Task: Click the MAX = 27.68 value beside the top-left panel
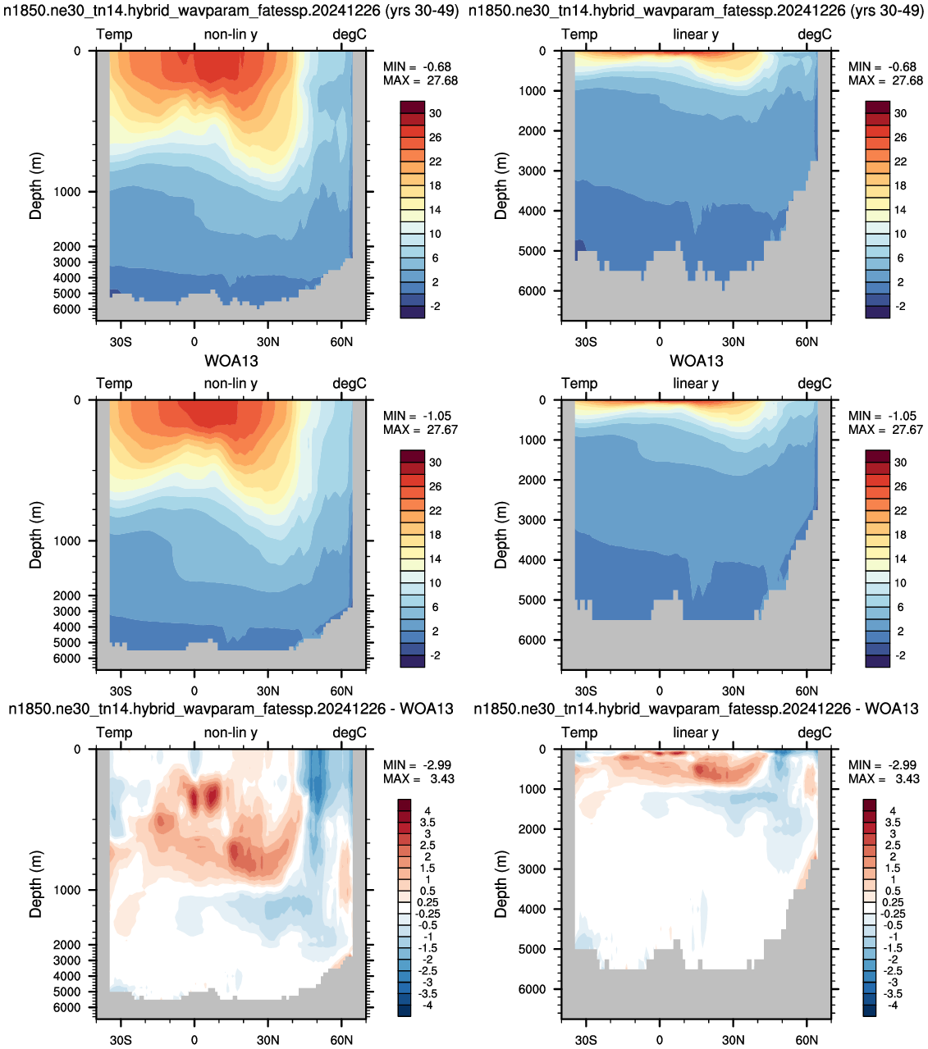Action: [x=420, y=80]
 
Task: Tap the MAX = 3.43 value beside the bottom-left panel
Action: [x=418, y=778]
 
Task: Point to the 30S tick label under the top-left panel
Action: [x=121, y=342]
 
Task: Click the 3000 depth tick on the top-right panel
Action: [x=533, y=171]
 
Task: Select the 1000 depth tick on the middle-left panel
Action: [x=67, y=540]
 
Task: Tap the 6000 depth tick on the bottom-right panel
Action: [x=533, y=989]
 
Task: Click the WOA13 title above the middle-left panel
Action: [x=231, y=361]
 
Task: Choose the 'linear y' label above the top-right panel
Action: [x=696, y=34]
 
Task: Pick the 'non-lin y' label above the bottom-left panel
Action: [x=231, y=732]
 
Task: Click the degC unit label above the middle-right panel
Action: [x=815, y=384]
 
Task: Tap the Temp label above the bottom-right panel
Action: [x=579, y=732]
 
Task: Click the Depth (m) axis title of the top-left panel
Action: [x=35, y=186]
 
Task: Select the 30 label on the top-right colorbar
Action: [x=901, y=113]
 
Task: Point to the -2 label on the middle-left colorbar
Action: [x=435, y=655]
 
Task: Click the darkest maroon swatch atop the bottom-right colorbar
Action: [x=870, y=805]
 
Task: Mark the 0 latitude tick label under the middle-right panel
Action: [x=659, y=691]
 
